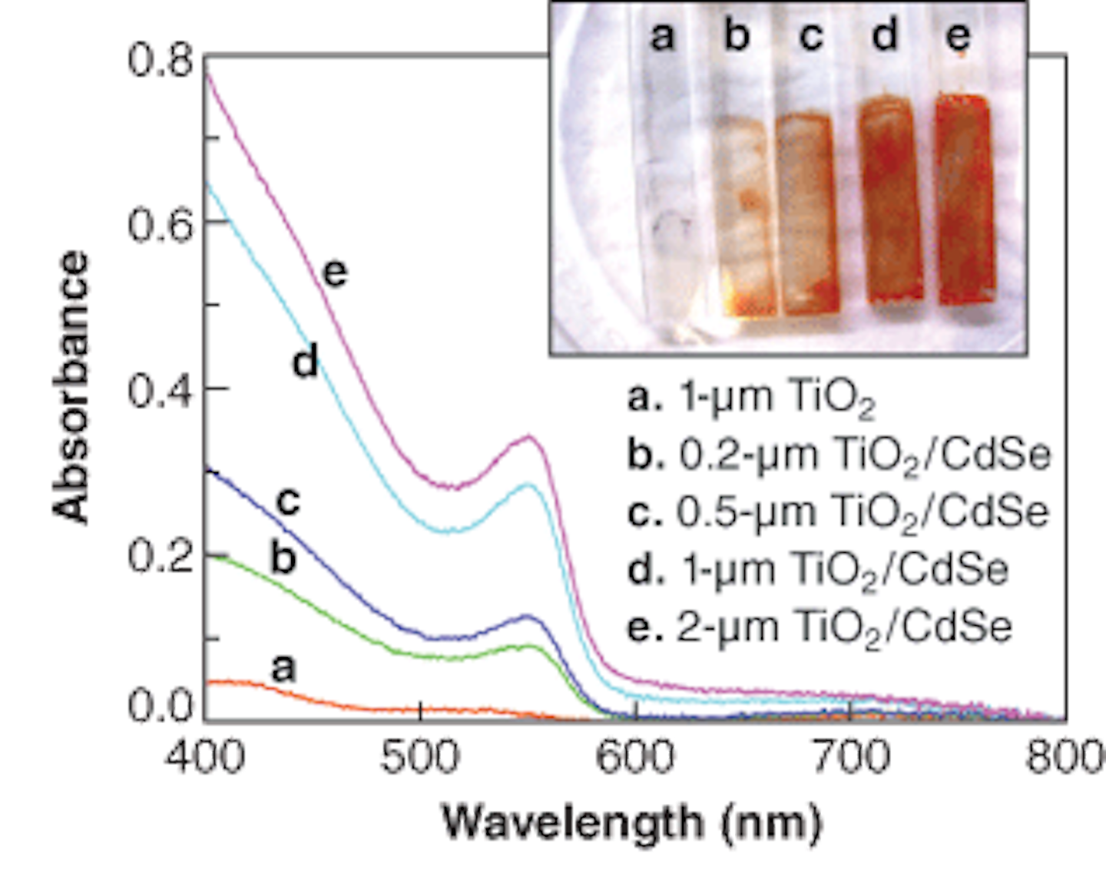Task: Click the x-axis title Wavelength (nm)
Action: point(632,823)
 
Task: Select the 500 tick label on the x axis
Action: point(421,755)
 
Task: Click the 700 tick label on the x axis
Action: point(851,755)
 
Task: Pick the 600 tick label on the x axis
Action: point(637,755)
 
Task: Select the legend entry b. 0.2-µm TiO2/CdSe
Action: point(838,456)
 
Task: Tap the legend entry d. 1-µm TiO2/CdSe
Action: point(817,570)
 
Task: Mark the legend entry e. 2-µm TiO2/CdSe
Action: point(819,627)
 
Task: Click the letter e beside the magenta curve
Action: point(335,273)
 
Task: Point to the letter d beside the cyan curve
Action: point(306,361)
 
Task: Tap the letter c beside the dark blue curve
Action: point(288,502)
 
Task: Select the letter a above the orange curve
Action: point(283,668)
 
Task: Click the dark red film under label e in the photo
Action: point(965,200)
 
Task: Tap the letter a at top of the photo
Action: point(662,35)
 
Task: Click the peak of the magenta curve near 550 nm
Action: point(528,437)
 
